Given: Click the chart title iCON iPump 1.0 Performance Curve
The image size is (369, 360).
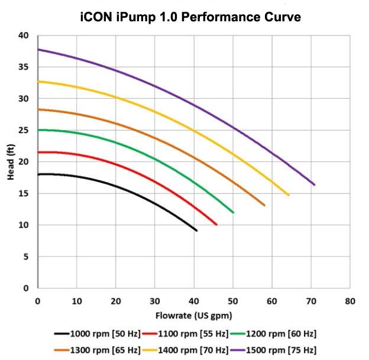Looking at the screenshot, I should pyautogui.click(x=190, y=17).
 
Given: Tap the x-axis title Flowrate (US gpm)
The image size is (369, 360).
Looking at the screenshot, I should pyautogui.click(x=193, y=315).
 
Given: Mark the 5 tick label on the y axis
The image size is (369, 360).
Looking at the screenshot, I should pyautogui.click(x=26, y=257).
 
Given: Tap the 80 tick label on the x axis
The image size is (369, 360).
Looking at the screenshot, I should pyautogui.click(x=350, y=300).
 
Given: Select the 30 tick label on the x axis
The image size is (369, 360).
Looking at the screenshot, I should pyautogui.click(x=155, y=300).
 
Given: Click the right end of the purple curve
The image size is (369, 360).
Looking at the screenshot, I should pyautogui.click(x=315, y=185).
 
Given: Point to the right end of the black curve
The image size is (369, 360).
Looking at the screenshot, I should pyautogui.click(x=196, y=231).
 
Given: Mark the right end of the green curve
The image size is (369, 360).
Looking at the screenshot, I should pyautogui.click(x=234, y=212).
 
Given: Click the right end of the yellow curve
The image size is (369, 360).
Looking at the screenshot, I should pyautogui.click(x=289, y=195).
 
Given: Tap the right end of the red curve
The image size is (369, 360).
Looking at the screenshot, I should pyautogui.click(x=216, y=225).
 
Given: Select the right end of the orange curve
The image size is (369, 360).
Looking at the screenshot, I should pyautogui.click(x=264, y=206).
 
